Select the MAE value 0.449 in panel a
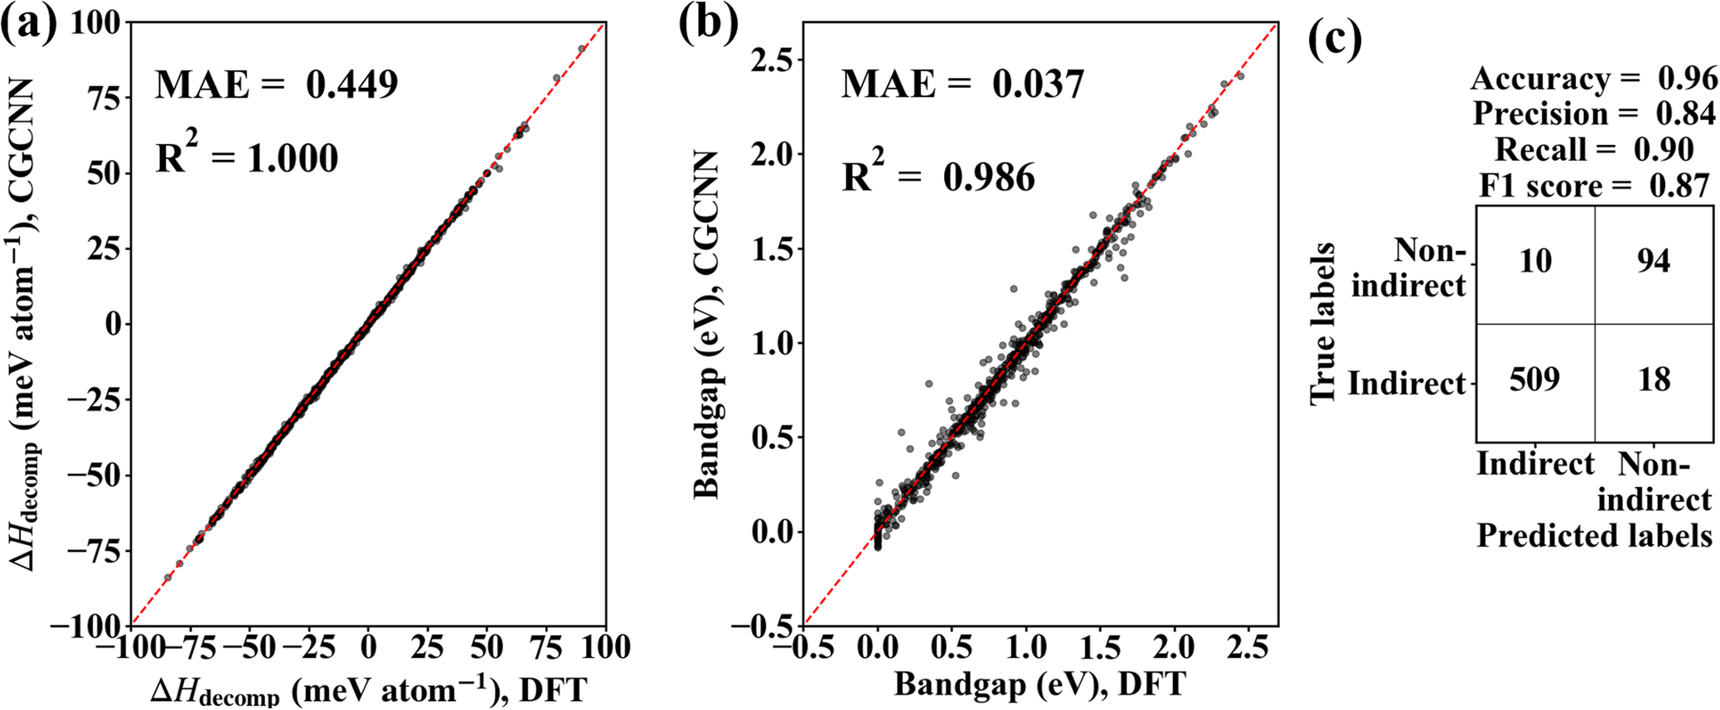[351, 85]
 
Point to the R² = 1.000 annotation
[247, 157]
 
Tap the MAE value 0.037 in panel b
[1039, 85]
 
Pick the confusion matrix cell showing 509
[1534, 379]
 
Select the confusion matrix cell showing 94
[1654, 262]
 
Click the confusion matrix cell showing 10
[1534, 262]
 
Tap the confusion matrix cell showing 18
[1654, 379]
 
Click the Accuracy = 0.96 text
[1593, 79]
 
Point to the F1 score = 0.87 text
[1593, 186]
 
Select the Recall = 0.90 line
[1593, 149]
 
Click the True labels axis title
[1323, 323]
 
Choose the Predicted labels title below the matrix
[1593, 536]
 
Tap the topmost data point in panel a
[581, 49]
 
